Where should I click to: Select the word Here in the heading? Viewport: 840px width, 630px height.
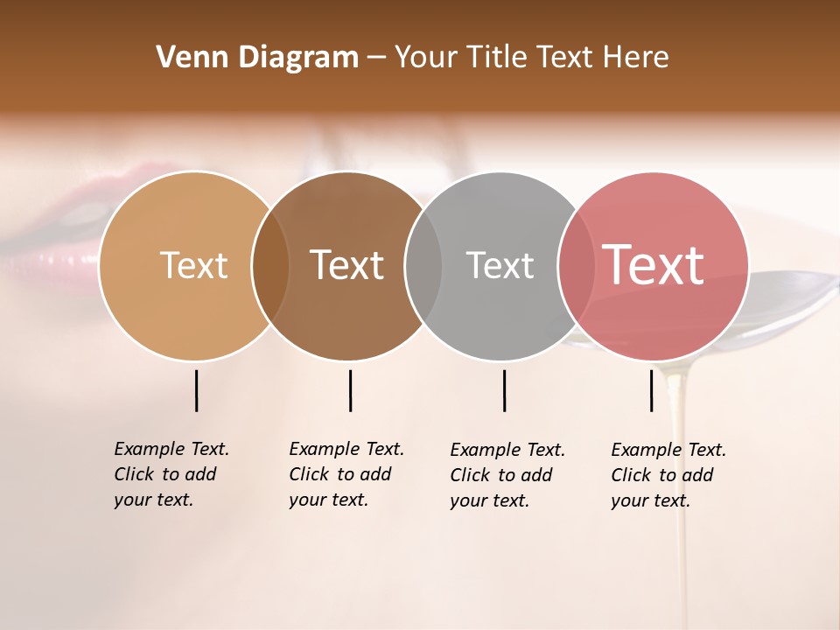[x=639, y=58]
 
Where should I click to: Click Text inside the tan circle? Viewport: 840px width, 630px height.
[x=193, y=265]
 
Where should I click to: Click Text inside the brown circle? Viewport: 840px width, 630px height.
[x=347, y=265]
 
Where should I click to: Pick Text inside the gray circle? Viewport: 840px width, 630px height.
[x=500, y=265]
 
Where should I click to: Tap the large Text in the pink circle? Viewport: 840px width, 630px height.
[x=653, y=265]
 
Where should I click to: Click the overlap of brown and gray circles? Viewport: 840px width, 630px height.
[x=423, y=266]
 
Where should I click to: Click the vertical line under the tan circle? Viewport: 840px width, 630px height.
[x=196, y=390]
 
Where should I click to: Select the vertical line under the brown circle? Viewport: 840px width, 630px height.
[x=350, y=390]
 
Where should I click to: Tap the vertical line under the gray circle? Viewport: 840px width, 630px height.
[x=504, y=390]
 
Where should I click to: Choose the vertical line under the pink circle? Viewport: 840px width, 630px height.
[x=651, y=390]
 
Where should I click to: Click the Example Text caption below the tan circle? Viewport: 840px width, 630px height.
[x=171, y=474]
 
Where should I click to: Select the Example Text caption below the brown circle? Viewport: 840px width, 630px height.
[x=346, y=474]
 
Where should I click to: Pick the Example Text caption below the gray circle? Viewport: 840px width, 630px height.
[x=507, y=475]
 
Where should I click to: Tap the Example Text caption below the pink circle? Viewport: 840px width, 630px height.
[x=668, y=475]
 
